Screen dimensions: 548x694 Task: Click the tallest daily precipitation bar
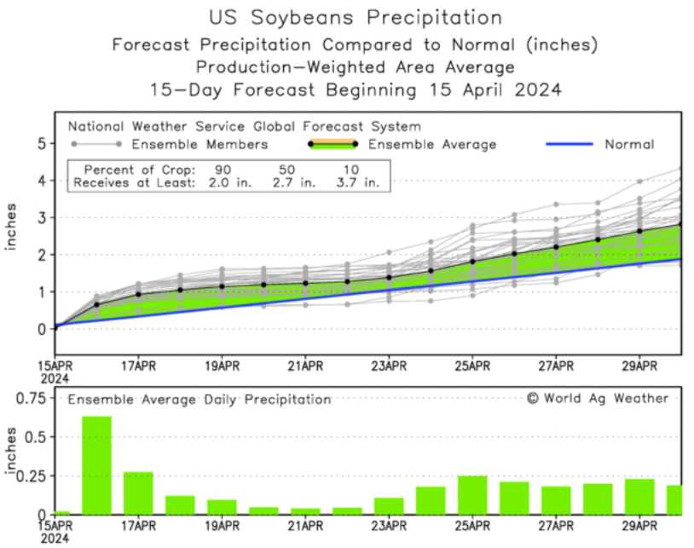[x=97, y=465]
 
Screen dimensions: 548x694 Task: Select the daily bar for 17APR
[x=138, y=493]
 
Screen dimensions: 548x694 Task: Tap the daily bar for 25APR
[x=472, y=495]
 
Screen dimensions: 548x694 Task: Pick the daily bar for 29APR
[x=639, y=497]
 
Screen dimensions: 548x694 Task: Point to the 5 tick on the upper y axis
[x=39, y=144]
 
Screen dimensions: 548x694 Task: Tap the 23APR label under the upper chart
[x=389, y=367]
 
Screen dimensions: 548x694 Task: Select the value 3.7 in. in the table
[x=361, y=182]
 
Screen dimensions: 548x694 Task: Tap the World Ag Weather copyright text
[x=597, y=398]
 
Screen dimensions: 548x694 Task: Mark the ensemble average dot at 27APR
[x=556, y=247]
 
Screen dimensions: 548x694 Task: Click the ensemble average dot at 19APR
[x=222, y=286]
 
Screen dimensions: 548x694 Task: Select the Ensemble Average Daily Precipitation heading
[x=200, y=399]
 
